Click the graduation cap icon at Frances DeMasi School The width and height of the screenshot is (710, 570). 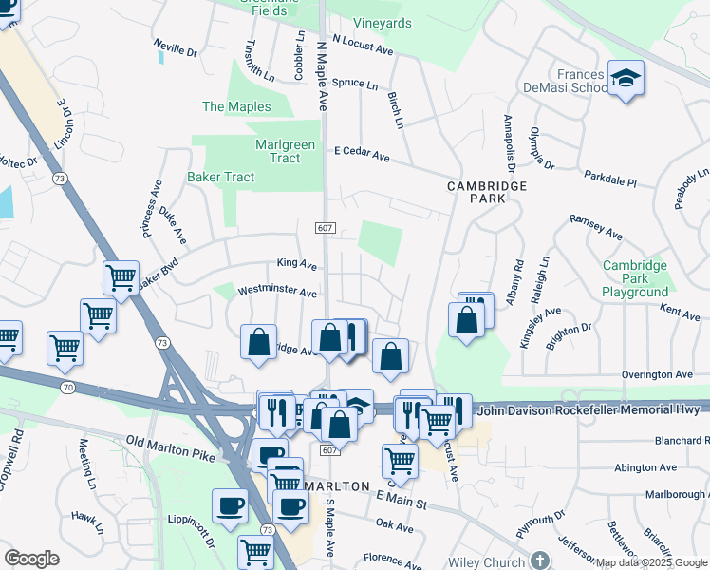(x=626, y=77)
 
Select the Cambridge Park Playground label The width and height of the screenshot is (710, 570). (x=635, y=279)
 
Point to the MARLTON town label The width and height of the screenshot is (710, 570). (x=337, y=485)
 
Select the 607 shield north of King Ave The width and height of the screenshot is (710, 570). (x=326, y=226)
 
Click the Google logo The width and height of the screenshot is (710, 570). (x=32, y=558)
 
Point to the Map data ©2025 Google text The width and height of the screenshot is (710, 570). (x=651, y=563)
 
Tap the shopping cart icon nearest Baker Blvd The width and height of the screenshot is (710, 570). (x=121, y=277)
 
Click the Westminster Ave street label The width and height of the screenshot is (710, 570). (x=276, y=292)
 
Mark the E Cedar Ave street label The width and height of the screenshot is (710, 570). (x=362, y=153)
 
